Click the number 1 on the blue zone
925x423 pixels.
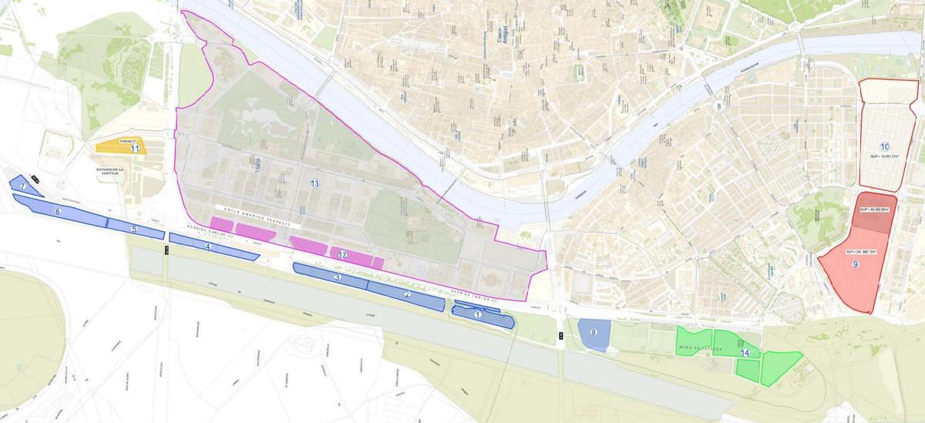(478, 314)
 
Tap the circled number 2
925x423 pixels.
(408, 294)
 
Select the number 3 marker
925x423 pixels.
(338, 277)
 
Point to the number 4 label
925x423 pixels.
(207, 246)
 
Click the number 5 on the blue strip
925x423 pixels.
(134, 229)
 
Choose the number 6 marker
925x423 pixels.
(58, 210)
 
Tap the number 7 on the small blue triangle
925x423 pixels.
(23, 186)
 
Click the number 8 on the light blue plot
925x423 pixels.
(593, 332)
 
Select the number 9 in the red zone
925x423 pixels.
(856, 264)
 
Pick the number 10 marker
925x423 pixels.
(884, 146)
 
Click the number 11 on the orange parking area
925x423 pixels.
(134, 148)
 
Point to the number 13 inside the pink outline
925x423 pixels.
(314, 183)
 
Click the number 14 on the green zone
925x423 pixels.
(745, 352)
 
